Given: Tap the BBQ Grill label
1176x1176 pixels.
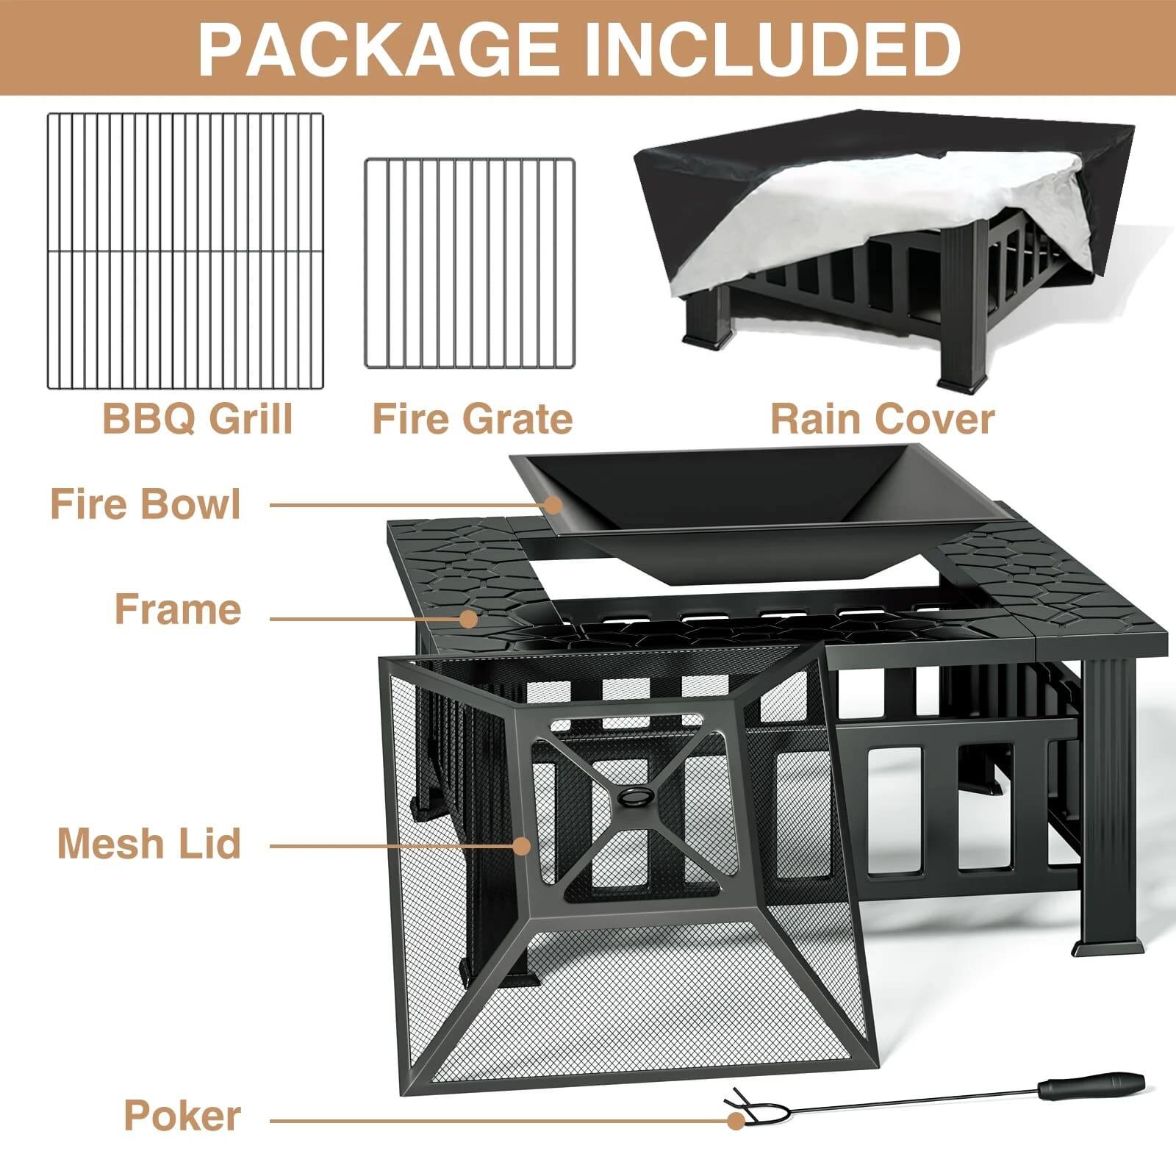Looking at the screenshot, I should (x=197, y=418).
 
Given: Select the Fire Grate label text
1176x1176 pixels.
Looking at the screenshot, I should (x=473, y=418).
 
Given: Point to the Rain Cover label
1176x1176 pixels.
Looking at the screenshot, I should (x=882, y=418).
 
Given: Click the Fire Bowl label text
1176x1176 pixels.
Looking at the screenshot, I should (x=146, y=504).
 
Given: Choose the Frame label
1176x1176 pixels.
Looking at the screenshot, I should (x=178, y=609).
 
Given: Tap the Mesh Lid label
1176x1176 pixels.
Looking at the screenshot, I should (x=149, y=842).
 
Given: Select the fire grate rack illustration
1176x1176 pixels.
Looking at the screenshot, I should (x=470, y=263).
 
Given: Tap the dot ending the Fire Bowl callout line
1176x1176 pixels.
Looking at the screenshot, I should (x=553, y=505).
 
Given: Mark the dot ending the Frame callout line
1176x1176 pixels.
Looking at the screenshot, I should (x=468, y=618).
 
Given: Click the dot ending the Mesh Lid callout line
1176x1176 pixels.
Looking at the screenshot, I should (x=522, y=846).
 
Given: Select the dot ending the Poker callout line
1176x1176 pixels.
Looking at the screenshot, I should (x=735, y=1121).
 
